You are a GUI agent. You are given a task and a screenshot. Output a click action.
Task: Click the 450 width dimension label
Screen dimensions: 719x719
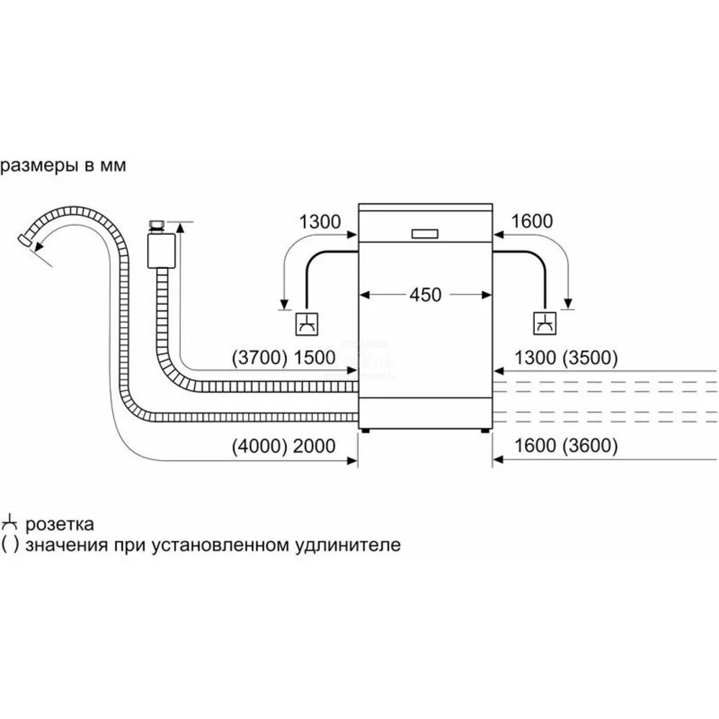pos(426,295)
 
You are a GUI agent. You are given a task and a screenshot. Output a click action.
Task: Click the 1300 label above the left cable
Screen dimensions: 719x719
pos(320,222)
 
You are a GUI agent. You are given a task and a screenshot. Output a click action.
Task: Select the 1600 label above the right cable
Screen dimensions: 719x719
pos(532,221)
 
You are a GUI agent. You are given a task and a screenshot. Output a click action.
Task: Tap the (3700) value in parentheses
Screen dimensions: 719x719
pos(259,357)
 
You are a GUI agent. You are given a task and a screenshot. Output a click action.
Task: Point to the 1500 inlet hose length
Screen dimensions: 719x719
pos(315,357)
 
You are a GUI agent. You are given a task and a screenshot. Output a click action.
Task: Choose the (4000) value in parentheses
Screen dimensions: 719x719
pos(259,446)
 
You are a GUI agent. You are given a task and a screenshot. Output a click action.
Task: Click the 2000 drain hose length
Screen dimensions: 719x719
pos(315,446)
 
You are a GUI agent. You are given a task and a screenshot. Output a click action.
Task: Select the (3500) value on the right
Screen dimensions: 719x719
pos(590,357)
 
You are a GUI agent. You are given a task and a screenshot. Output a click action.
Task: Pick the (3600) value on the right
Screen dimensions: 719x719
pos(590,446)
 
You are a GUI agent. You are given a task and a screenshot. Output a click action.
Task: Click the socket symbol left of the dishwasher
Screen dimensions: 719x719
pos(306,324)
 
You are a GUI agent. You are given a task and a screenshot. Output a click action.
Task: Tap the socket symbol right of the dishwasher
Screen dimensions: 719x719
pos(545,324)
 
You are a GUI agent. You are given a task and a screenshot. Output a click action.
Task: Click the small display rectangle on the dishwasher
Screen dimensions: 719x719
pos(425,234)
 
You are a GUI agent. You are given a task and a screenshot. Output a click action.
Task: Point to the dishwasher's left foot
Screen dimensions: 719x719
pos(365,431)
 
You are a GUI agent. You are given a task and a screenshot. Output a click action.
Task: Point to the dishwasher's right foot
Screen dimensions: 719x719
pos(485,431)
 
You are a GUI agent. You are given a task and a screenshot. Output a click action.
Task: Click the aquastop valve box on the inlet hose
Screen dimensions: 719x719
pos(162,251)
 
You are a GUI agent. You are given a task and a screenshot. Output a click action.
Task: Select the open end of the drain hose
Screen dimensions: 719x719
pos(24,241)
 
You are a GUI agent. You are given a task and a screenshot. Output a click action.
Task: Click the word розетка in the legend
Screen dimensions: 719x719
pos(60,524)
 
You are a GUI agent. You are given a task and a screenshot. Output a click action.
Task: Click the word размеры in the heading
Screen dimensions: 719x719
pos(40,166)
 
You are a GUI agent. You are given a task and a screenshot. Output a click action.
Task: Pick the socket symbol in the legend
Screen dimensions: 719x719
pos(9,523)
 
